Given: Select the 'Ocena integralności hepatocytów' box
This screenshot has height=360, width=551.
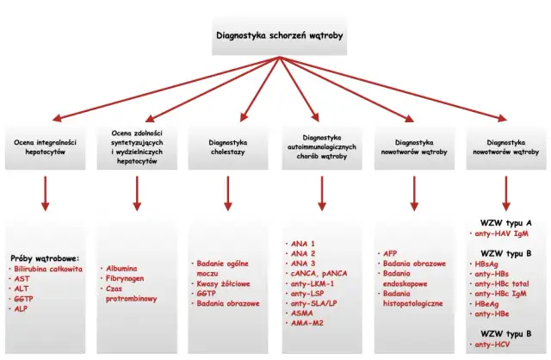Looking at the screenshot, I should (x=46, y=146).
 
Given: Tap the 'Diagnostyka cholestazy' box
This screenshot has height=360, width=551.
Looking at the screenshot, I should (x=228, y=146).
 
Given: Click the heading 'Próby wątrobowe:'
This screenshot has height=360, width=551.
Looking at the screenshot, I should (x=45, y=258).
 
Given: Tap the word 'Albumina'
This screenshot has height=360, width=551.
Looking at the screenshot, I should (x=121, y=269).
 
